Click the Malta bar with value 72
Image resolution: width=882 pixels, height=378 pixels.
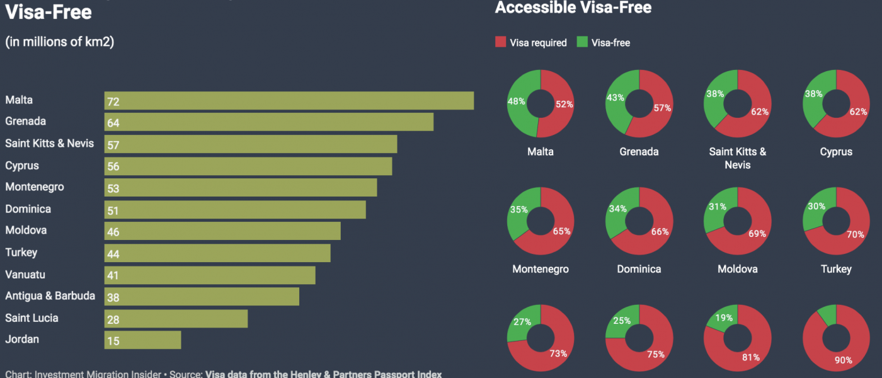[x=289, y=101]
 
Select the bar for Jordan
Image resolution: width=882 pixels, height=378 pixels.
[x=142, y=340]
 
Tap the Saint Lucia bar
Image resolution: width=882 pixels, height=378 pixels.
[x=176, y=318]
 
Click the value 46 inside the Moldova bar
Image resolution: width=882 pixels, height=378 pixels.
[x=113, y=232]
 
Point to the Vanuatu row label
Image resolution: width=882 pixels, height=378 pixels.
[x=25, y=275]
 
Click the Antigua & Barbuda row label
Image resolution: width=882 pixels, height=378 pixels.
[x=50, y=296]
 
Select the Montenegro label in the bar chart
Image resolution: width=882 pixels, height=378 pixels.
[x=35, y=187]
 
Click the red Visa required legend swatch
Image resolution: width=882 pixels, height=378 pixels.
[x=500, y=43]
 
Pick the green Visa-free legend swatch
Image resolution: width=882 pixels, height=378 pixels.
[x=582, y=43]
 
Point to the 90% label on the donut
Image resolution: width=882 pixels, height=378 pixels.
[x=844, y=360]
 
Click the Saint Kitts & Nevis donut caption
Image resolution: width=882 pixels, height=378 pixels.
[x=737, y=158]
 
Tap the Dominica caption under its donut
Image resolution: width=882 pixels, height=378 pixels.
[x=639, y=269]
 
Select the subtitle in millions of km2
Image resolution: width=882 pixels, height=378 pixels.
[x=60, y=42]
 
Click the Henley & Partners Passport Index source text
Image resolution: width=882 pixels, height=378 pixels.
[x=323, y=374]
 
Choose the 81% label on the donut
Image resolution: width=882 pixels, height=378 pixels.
[x=751, y=357]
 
